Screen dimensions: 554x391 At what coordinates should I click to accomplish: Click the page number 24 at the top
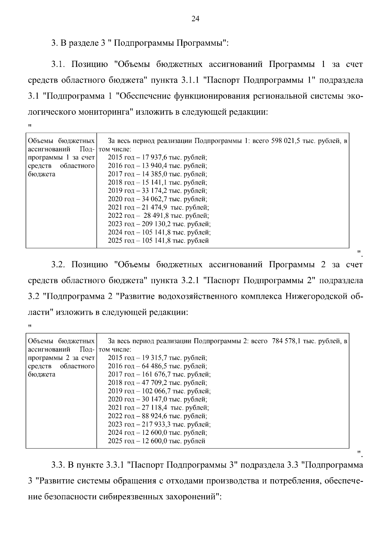(x=195, y=19)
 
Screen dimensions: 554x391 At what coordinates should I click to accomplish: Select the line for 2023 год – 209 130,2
(x=159, y=224)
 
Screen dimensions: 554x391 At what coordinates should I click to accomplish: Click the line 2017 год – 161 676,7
(x=159, y=374)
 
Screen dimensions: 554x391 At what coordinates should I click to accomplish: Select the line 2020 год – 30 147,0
(x=157, y=399)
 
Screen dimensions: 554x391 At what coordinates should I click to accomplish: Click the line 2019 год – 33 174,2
(x=157, y=191)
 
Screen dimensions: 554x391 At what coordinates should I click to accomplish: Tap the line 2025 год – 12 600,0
(x=156, y=441)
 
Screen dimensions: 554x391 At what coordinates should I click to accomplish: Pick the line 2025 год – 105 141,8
(x=158, y=241)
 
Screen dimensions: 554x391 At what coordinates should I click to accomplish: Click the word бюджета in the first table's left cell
(x=41, y=174)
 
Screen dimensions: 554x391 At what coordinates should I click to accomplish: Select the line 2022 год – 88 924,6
(x=157, y=416)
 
